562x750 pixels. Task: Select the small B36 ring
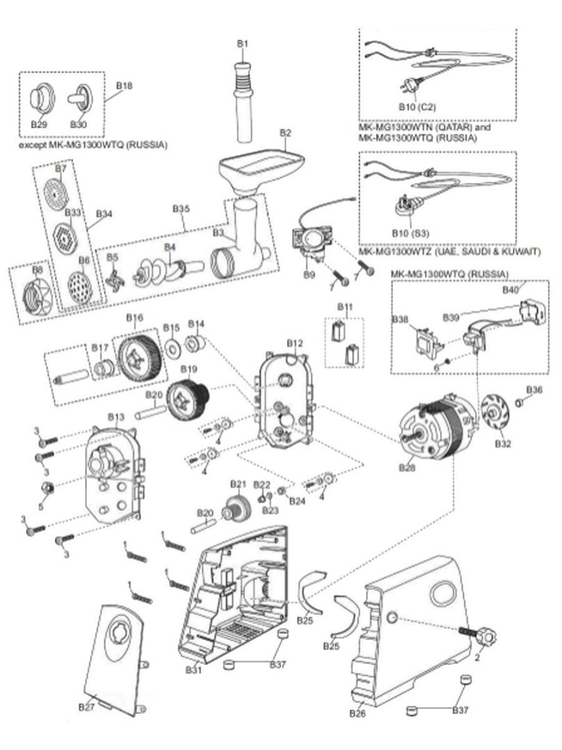click(x=520, y=403)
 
